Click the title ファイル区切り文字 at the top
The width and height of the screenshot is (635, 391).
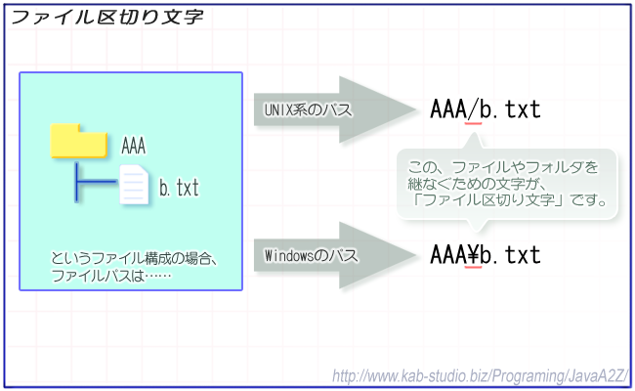[107, 18]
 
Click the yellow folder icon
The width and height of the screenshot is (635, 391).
[79, 140]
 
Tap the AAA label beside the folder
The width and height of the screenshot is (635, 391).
[133, 146]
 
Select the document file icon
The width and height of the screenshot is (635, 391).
[134, 185]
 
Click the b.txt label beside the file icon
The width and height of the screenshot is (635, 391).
[179, 188]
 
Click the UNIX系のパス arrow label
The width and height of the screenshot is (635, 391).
[308, 109]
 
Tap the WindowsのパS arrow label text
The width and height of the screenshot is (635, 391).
[311, 256]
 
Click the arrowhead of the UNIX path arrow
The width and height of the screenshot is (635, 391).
[377, 109]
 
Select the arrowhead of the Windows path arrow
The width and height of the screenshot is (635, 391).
[377, 255]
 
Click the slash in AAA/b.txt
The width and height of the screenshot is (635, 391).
[473, 109]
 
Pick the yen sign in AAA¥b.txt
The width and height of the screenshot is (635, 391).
[473, 255]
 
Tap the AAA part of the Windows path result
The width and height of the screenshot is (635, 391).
[447, 255]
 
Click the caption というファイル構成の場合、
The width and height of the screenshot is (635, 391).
[135, 258]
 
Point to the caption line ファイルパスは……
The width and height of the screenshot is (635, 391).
[111, 276]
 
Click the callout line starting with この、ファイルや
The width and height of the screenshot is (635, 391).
[503, 167]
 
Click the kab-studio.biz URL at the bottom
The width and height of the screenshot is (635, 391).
[481, 376]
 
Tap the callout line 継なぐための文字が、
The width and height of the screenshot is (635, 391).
[478, 184]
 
